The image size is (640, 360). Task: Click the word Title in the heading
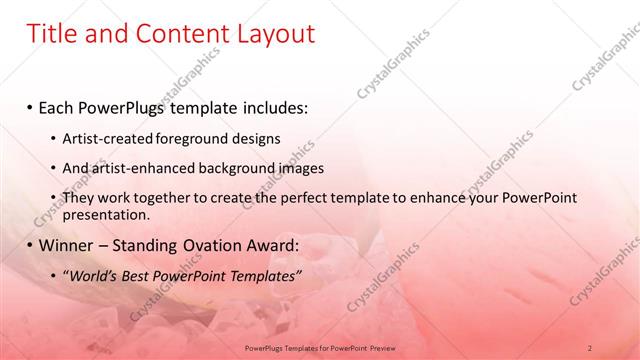click(55, 34)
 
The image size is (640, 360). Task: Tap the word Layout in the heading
click(273, 34)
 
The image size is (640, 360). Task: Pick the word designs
click(254, 139)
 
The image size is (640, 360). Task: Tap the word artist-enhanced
click(142, 168)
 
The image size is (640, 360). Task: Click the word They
click(79, 198)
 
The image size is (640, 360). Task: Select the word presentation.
click(105, 214)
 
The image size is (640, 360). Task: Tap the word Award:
click(270, 245)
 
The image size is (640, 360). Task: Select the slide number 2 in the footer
click(590, 347)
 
